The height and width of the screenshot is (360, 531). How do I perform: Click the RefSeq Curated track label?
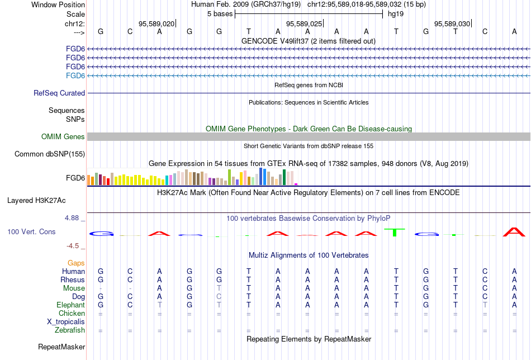(59, 93)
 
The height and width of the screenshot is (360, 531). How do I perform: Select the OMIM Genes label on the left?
(63, 137)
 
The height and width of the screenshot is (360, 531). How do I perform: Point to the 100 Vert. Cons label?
(31, 231)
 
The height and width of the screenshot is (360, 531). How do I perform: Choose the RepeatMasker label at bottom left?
(61, 347)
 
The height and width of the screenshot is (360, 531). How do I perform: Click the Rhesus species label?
(73, 280)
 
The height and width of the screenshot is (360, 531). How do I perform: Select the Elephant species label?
(70, 305)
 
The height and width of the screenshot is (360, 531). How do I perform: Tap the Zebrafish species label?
(70, 330)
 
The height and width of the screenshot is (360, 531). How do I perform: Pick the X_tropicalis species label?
(66, 322)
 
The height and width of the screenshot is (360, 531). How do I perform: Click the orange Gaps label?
(76, 263)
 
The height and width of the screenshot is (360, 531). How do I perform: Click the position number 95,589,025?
(304, 23)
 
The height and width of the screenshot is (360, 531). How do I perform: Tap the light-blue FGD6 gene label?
(75, 75)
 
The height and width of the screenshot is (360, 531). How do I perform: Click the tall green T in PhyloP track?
(396, 233)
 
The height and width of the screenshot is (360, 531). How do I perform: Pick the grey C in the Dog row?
(219, 297)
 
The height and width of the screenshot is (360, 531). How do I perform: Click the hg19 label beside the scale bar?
(396, 14)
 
